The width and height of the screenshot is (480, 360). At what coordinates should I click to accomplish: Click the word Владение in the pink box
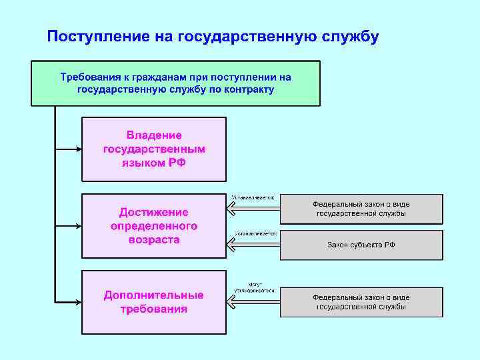pyautogui.click(x=154, y=135)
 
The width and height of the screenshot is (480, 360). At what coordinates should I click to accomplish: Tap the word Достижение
pyautogui.click(x=154, y=212)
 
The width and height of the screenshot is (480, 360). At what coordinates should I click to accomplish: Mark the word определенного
pyautogui.click(x=154, y=225)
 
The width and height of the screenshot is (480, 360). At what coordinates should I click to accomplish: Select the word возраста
pyautogui.click(x=154, y=239)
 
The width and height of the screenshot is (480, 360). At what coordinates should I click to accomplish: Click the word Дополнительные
pyautogui.click(x=154, y=295)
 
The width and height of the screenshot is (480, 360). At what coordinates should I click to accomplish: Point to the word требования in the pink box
pyautogui.click(x=154, y=309)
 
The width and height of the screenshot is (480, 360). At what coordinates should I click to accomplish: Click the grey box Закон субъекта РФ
pyautogui.click(x=361, y=245)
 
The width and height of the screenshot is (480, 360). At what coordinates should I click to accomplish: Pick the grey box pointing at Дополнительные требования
pyautogui.click(x=361, y=302)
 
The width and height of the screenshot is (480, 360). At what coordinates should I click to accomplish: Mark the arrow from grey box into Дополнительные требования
pyautogui.click(x=253, y=302)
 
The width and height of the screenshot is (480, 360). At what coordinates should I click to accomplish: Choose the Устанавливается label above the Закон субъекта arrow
pyautogui.click(x=256, y=234)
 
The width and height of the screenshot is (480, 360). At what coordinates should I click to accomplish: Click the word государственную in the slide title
pyautogui.click(x=242, y=36)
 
